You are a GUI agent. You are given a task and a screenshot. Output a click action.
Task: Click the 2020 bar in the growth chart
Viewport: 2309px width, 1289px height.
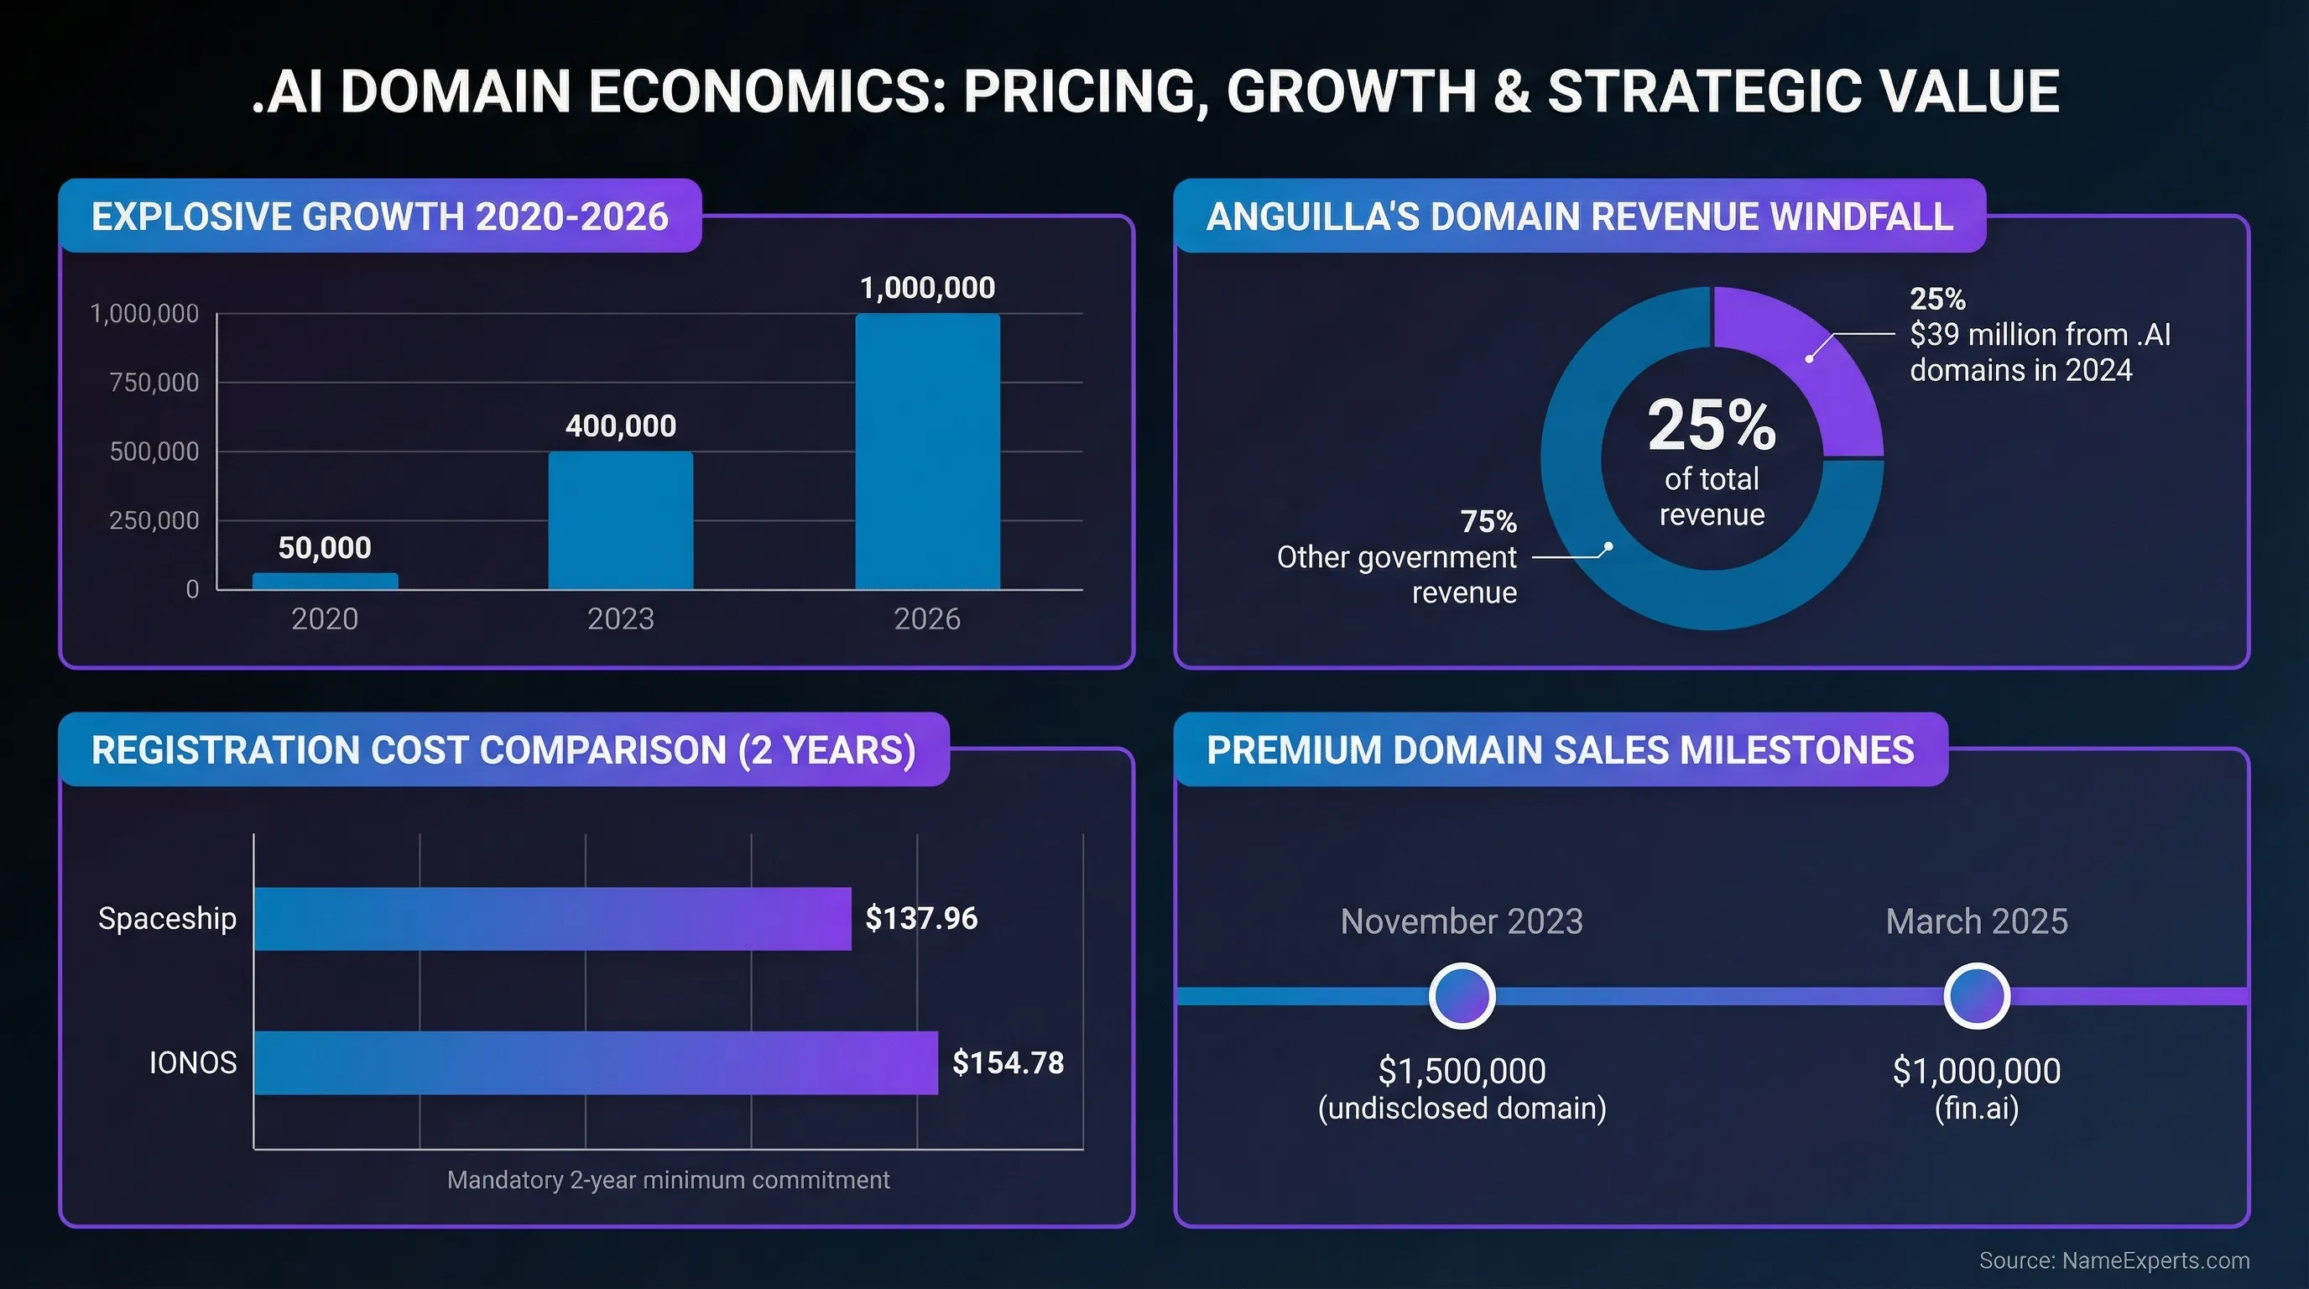tap(325, 581)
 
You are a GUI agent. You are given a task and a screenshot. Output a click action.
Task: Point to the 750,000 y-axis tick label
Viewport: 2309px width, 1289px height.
tap(154, 383)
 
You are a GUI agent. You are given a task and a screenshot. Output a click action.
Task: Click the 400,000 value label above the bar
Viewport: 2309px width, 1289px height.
tap(620, 425)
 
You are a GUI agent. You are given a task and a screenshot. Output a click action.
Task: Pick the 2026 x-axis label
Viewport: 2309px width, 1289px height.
tap(927, 618)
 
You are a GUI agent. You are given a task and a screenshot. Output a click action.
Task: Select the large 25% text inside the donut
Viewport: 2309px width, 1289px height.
tap(1711, 425)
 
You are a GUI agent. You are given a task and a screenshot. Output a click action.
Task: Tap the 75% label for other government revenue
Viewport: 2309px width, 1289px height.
tap(1488, 521)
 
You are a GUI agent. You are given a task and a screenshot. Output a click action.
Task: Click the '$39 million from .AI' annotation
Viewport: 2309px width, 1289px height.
tap(2039, 334)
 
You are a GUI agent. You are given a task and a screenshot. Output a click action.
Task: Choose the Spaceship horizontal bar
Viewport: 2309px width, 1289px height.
tap(552, 919)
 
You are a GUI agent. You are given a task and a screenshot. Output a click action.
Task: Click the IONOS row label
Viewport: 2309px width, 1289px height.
tap(193, 1062)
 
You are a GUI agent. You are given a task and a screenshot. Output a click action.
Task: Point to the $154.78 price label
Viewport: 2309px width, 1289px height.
tap(1008, 1062)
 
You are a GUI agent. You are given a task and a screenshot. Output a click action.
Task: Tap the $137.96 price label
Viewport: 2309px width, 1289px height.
tap(920, 919)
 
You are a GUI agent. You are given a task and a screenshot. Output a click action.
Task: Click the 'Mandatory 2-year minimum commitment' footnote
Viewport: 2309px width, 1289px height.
tap(668, 1180)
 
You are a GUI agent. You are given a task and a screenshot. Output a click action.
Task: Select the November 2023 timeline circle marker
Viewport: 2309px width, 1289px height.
tap(1462, 996)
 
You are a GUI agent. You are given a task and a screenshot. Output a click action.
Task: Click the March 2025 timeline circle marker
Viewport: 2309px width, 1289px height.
tap(1977, 996)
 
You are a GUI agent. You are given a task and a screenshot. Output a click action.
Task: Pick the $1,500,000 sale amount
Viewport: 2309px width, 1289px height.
tap(1462, 1071)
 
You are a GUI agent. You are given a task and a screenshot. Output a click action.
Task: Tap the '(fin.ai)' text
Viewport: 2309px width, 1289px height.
tap(1977, 1109)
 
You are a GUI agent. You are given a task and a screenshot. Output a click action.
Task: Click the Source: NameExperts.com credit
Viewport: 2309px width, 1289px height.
tap(2114, 1260)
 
